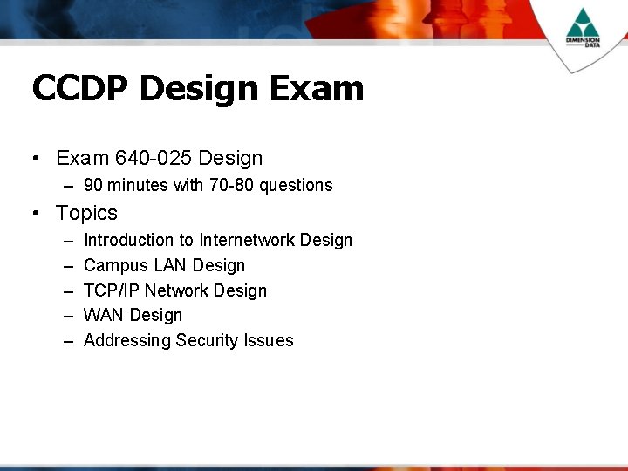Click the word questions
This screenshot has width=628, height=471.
click(297, 185)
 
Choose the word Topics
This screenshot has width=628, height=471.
click(86, 213)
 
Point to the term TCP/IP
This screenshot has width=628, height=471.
click(111, 290)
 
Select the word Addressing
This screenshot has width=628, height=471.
click(126, 340)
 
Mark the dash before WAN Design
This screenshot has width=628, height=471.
click(68, 316)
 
